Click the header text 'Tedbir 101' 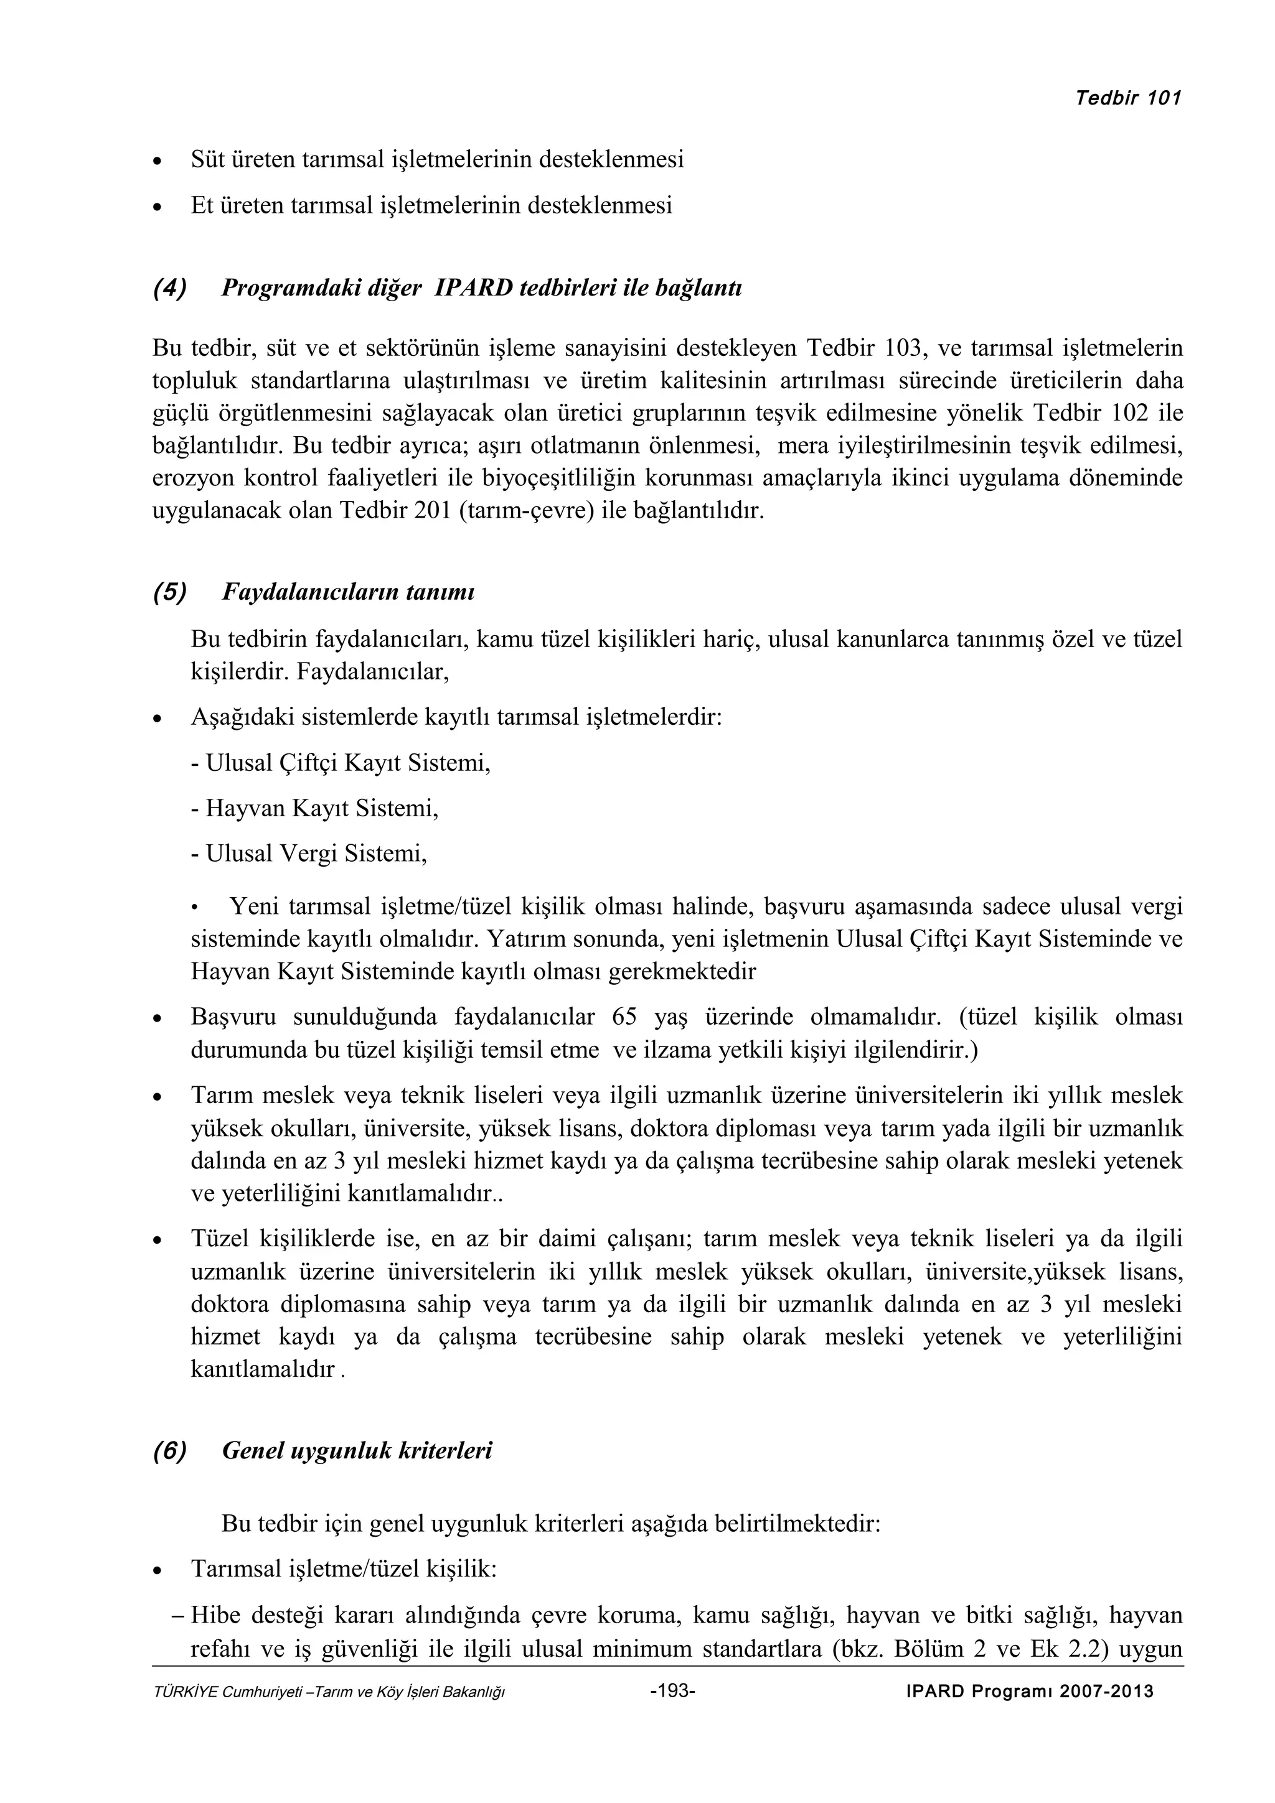click(1128, 98)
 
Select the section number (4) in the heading click(170, 288)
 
